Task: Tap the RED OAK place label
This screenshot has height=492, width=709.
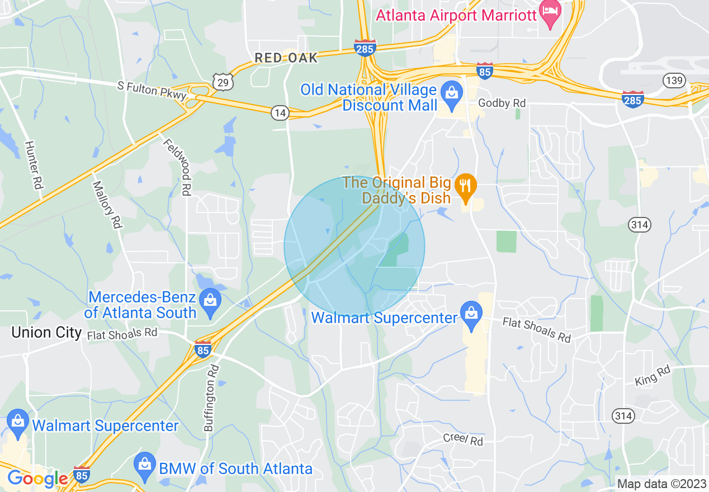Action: point(286,58)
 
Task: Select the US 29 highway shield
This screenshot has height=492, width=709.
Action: point(222,83)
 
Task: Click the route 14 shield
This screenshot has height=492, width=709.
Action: point(280,113)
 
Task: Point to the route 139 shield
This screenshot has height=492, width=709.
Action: point(674,81)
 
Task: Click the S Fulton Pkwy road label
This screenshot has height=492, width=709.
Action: point(152,91)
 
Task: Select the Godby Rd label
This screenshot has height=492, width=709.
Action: point(502,103)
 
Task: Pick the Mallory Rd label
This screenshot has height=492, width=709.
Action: point(107,204)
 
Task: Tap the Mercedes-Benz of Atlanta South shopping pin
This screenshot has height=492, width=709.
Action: point(210,300)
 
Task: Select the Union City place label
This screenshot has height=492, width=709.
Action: point(46,332)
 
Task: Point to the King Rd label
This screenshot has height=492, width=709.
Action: point(652,376)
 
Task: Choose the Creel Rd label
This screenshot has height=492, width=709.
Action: point(462,439)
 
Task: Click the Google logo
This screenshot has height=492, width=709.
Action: point(37,479)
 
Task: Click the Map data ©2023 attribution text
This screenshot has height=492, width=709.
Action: point(661,484)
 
